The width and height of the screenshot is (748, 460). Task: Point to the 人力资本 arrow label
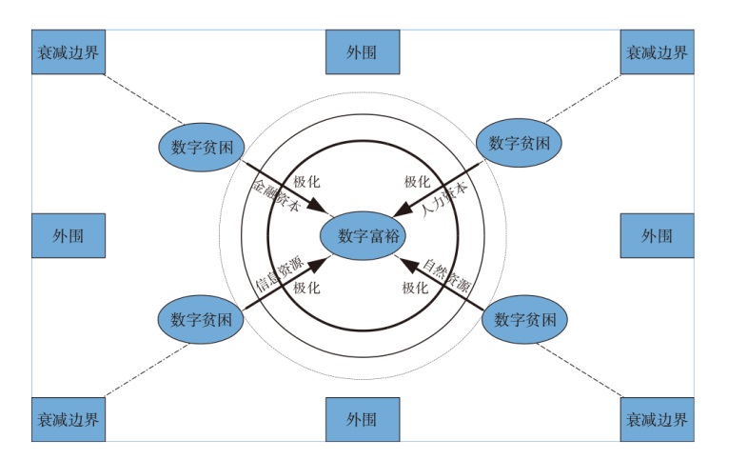446,196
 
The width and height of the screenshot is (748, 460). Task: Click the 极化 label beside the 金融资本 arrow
305,182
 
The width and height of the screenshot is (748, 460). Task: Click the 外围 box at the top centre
362,51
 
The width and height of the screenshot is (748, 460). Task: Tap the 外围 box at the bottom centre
362,419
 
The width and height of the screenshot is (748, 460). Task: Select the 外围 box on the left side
68,235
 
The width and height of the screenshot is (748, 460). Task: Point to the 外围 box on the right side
657,235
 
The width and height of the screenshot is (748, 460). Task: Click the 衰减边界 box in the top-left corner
68,51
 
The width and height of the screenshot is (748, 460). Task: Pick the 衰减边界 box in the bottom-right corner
657,419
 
